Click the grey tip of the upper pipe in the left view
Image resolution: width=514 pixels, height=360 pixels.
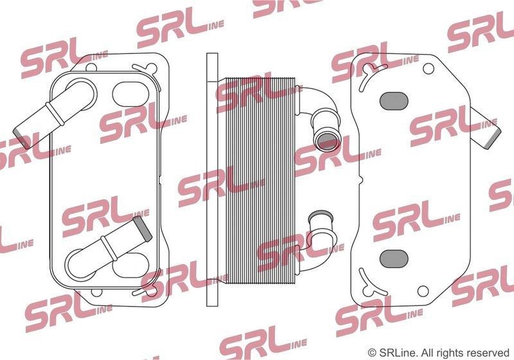21,137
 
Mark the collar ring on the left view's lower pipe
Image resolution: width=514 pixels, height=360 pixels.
109,248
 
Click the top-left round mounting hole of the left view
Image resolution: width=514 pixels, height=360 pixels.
91,68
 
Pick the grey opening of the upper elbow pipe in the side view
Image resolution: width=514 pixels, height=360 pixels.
328,140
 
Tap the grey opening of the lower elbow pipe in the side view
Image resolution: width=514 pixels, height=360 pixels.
321,217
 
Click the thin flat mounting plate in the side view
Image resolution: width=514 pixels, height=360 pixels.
212,179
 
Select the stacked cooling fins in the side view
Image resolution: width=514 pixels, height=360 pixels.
256,180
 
